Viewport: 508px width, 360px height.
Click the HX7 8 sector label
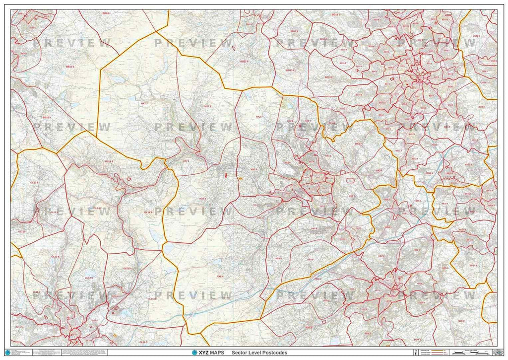pos(207,106)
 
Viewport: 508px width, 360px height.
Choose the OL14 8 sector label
pos(109,161)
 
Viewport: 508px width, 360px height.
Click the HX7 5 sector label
pos(202,199)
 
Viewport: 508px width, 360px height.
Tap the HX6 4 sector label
pos(220,276)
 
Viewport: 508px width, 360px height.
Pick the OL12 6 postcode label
pos(55,256)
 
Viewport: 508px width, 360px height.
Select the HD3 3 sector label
pos(318,279)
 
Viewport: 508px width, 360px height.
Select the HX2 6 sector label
pos(254,169)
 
